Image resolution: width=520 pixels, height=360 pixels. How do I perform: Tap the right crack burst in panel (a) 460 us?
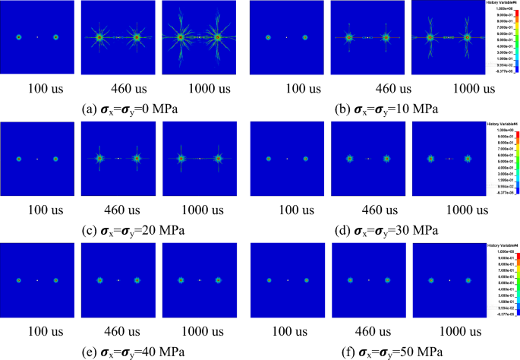point(137,36)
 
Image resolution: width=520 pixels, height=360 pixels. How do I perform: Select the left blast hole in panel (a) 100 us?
point(19,36)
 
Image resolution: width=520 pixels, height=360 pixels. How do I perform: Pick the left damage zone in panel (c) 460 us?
point(99,159)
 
